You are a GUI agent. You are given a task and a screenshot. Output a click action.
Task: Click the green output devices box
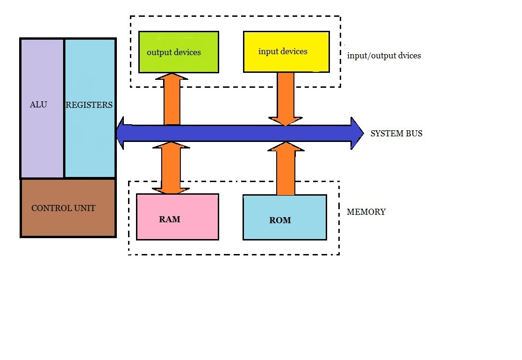pos(179,52)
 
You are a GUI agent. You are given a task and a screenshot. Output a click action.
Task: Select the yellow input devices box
pos(286,51)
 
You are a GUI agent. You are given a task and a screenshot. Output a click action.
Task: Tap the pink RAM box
pos(177,217)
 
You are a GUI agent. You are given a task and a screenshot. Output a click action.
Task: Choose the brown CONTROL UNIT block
pos(68,208)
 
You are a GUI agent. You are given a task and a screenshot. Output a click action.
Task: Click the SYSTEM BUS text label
pos(396,134)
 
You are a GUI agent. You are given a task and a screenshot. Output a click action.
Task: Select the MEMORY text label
pos(366,212)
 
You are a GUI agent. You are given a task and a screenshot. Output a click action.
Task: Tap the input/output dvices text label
pos(384,56)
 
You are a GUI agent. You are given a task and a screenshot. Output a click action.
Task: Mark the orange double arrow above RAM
pos(171,168)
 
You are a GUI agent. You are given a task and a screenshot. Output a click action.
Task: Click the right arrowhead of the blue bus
pos(357,134)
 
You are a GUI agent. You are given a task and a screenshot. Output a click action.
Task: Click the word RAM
pos(170,219)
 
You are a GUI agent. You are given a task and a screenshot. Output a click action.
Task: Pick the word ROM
pos(280,220)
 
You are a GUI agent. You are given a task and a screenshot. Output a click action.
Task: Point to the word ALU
pos(38,105)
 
